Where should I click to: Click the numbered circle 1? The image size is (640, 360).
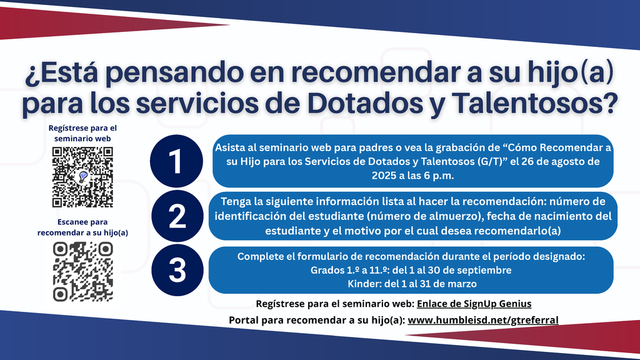coord(177,161)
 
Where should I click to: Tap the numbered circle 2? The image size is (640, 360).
coord(177,216)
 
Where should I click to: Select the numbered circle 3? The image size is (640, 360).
coord(177,270)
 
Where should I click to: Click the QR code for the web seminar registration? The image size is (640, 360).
coord(82,177)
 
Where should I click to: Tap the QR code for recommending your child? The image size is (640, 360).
coord(82,272)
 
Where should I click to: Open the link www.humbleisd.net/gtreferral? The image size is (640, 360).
coord(483,320)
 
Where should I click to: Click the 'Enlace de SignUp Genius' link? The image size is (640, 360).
coord(475,304)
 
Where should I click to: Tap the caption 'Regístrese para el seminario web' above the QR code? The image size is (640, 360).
coord(82,132)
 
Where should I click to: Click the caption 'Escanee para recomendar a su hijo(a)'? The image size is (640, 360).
coord(82,227)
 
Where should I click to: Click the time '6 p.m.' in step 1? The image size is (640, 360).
coord(438,176)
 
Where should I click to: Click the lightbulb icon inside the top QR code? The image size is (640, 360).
coord(82,177)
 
